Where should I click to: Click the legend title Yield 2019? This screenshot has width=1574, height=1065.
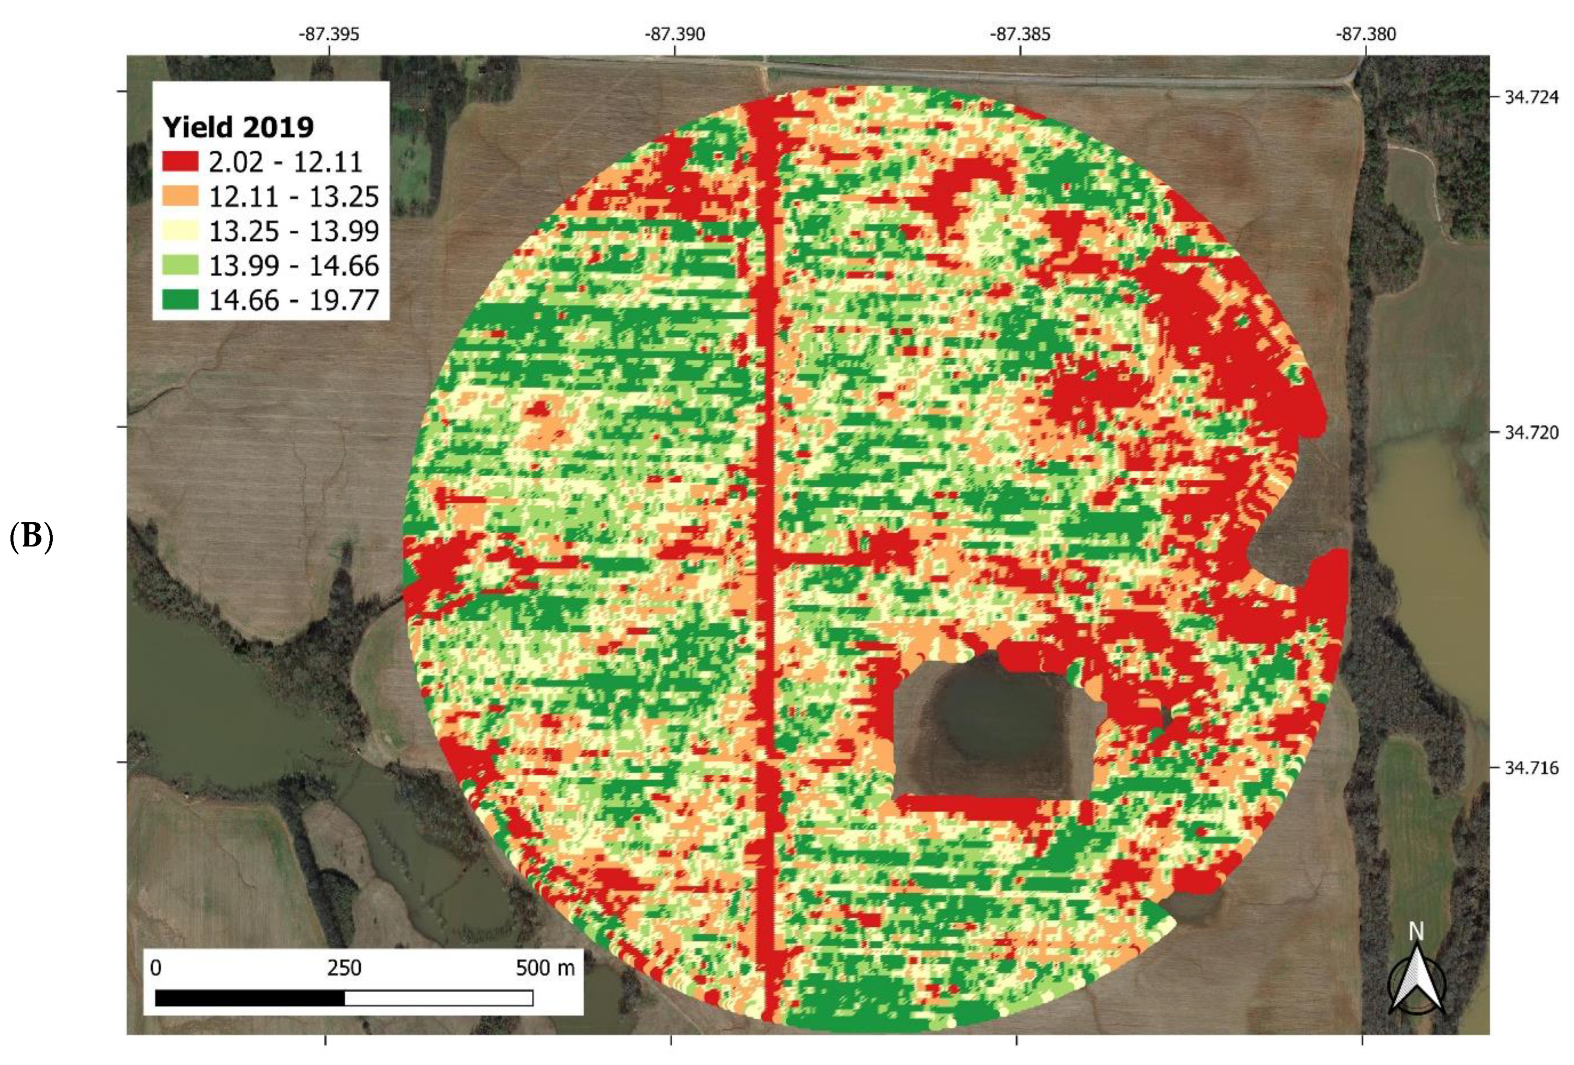click(238, 127)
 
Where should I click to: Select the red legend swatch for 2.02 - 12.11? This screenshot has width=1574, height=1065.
click(180, 161)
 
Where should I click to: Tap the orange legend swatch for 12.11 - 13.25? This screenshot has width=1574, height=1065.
click(180, 196)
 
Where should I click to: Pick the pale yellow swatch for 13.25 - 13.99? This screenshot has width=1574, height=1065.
click(180, 230)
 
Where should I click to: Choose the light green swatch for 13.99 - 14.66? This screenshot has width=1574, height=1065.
click(180, 265)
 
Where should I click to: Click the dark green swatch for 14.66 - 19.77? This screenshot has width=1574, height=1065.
click(180, 300)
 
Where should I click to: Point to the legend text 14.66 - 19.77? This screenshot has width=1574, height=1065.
click(293, 300)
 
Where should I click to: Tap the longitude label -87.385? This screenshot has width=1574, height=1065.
click(1020, 34)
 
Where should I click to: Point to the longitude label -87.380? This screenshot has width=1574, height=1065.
click(1366, 34)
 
